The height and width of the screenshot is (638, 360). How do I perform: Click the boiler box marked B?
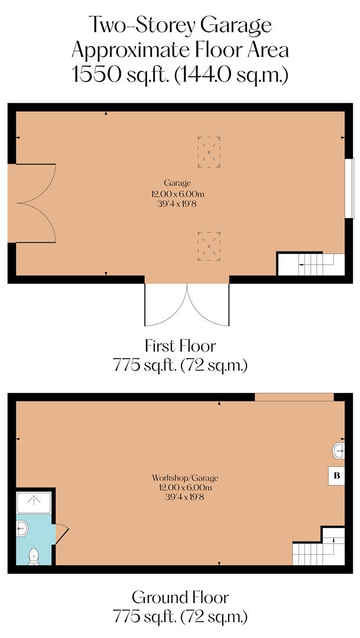[x=336, y=476]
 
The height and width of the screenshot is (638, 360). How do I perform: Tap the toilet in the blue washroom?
[x=34, y=555]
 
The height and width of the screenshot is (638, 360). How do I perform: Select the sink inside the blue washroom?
[x=21, y=527]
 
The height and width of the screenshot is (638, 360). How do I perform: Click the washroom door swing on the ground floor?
[x=61, y=534]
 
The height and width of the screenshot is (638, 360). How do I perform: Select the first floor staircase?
[x=311, y=264]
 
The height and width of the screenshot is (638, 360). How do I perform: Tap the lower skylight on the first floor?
[x=209, y=246]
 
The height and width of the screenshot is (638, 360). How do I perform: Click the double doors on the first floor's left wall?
[x=33, y=203]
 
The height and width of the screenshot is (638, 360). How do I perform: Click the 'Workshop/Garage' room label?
[x=181, y=477]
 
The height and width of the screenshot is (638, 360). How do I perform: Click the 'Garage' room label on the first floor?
[x=177, y=183]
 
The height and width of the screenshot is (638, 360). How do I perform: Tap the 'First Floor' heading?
[x=180, y=345]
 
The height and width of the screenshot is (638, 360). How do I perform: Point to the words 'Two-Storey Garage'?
[x=180, y=25]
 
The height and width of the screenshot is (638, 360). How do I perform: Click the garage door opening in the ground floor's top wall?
[x=294, y=397]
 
